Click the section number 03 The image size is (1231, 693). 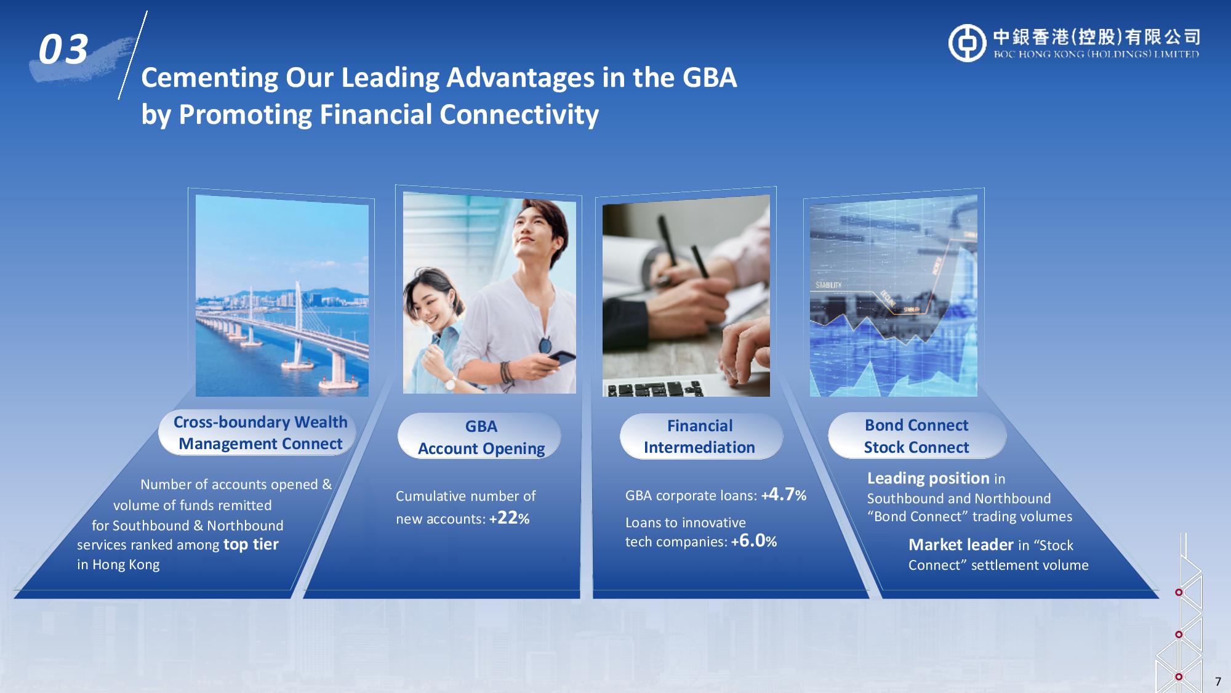tap(63, 50)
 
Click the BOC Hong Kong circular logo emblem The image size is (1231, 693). tap(967, 43)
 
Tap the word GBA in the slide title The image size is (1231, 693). tap(710, 78)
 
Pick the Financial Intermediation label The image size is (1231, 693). tap(700, 436)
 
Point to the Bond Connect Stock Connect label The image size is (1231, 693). tap(916, 436)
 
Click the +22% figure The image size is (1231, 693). tap(510, 518)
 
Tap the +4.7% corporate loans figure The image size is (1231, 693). tap(784, 495)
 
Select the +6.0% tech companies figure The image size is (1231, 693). tap(754, 541)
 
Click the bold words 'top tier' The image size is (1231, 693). tap(251, 545)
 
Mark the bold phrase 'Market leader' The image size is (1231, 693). tap(961, 545)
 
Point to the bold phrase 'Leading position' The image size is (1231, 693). tap(928, 478)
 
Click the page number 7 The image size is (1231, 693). tap(1217, 682)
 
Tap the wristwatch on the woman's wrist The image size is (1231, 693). tap(450, 383)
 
